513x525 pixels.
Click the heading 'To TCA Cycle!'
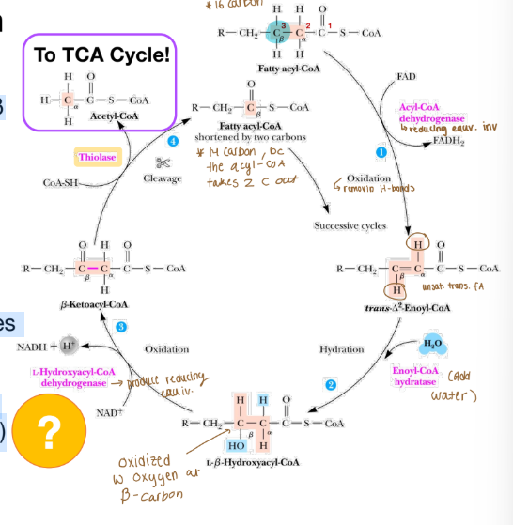click(101, 55)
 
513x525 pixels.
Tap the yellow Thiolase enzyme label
click(98, 157)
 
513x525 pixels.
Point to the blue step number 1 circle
click(381, 152)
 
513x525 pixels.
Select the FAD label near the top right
click(406, 74)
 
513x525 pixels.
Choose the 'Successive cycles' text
click(350, 226)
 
